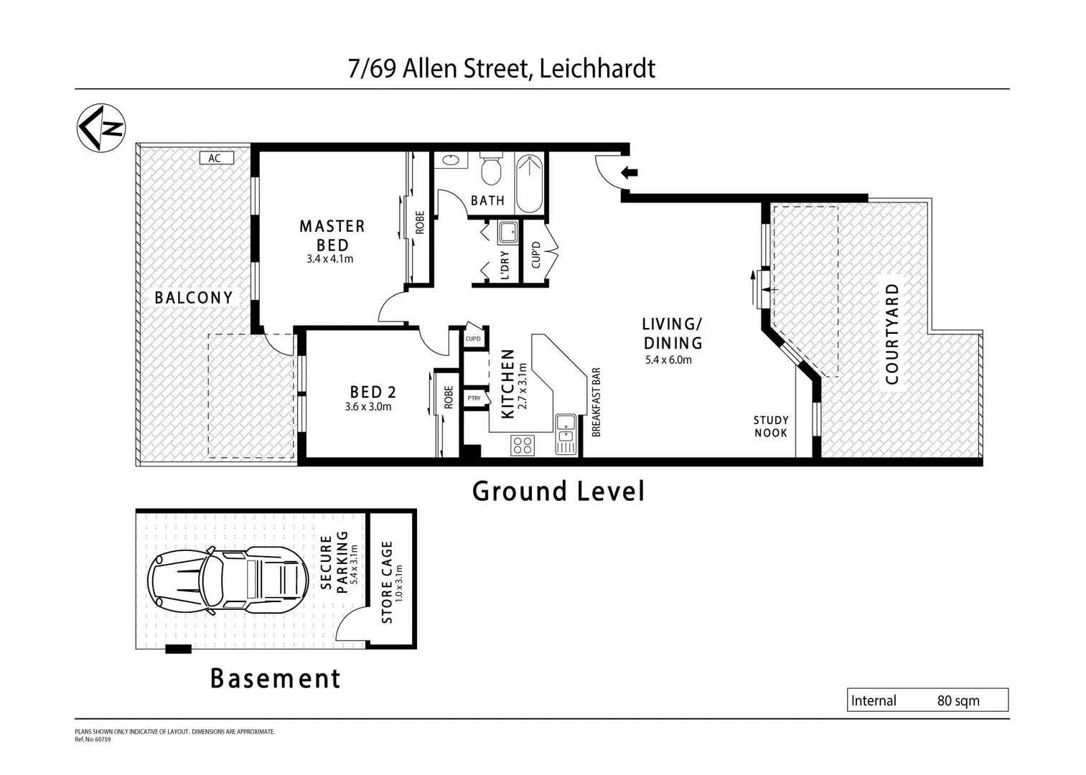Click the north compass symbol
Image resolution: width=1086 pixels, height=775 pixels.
pos(101,128)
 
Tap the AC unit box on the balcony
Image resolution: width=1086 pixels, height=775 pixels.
pos(215,158)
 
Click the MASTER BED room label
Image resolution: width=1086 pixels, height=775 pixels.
pos(332,235)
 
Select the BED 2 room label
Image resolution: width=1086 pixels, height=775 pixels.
pos(373,392)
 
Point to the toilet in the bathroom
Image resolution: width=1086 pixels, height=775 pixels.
pos(491,169)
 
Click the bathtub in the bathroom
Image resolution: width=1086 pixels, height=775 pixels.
pos(530,184)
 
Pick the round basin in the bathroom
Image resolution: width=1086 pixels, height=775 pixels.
pos(451,160)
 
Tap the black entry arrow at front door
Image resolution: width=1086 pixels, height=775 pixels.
pos(629,172)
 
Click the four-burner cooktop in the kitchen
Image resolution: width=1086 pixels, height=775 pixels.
pos(522,446)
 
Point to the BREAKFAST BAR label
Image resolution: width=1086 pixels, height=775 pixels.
pos(596,403)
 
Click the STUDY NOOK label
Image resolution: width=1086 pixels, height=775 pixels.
pos(770,426)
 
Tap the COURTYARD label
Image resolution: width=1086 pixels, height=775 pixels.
pos(892,334)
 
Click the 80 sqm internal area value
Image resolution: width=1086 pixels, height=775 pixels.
pos(958,701)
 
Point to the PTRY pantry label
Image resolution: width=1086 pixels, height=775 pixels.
pos(474,398)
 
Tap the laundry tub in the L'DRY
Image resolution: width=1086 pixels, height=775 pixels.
pos(508,232)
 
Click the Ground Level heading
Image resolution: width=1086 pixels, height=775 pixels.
pos(558,492)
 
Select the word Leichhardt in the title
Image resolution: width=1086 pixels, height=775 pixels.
pos(596,69)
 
